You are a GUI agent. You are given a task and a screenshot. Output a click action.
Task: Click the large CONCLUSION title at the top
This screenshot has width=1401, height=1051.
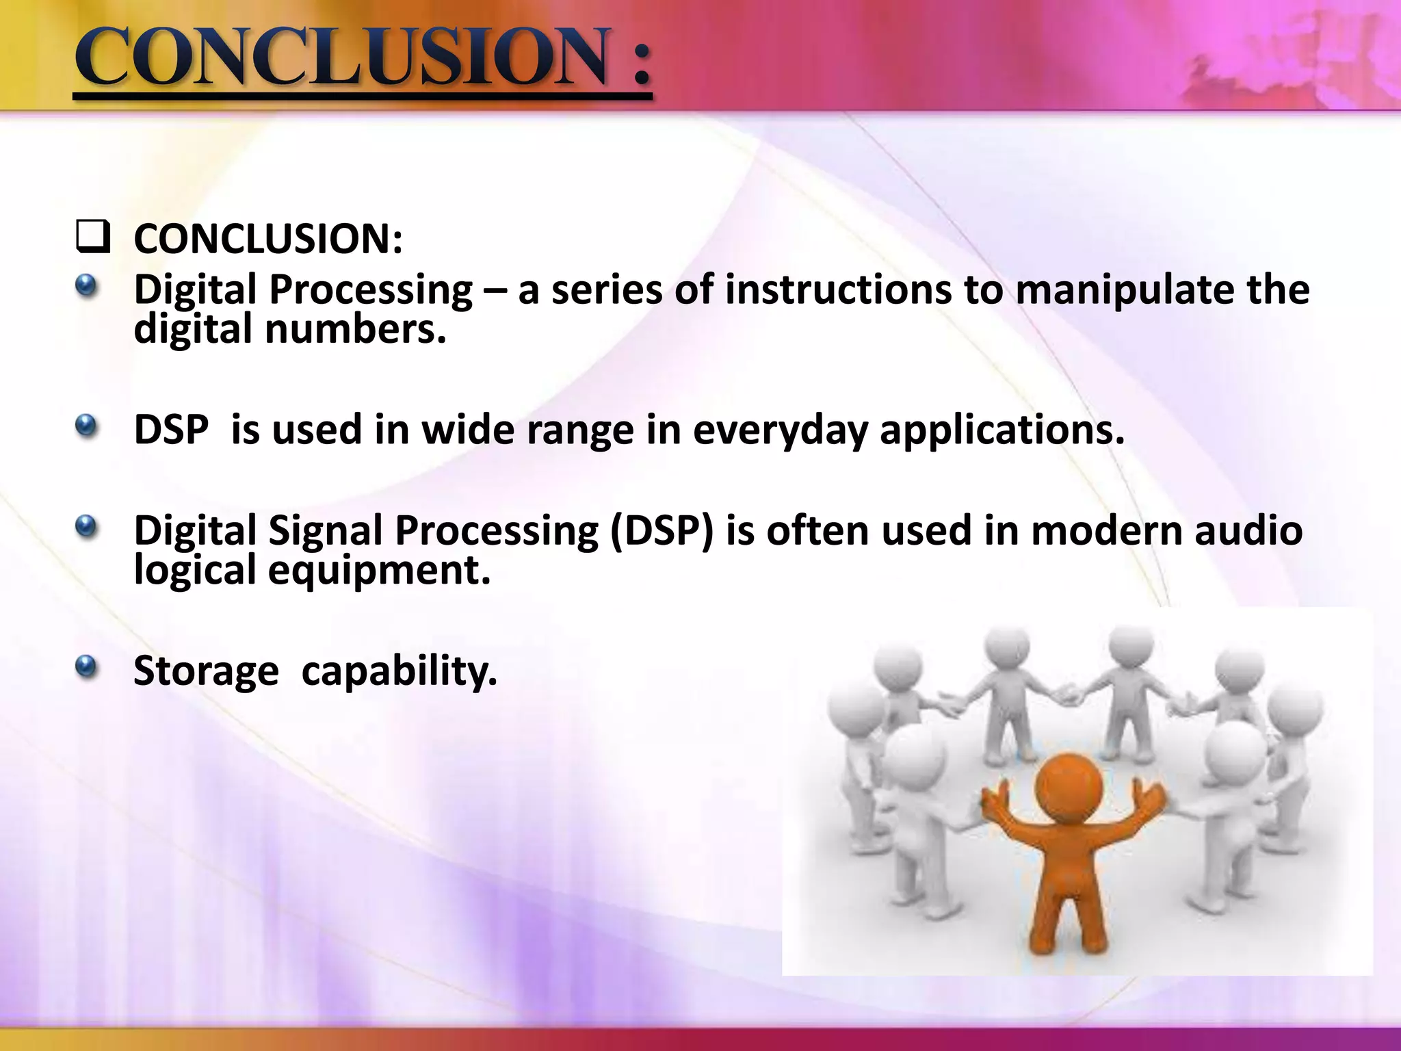tap(363, 58)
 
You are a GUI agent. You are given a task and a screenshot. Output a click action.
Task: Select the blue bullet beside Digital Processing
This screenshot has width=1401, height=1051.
tap(86, 287)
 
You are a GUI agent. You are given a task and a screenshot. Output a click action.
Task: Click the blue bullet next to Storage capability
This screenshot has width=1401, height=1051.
tap(86, 666)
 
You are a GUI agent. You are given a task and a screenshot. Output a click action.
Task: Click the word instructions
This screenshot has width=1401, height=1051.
tap(838, 289)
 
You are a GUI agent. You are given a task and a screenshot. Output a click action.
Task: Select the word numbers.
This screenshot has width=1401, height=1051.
tap(355, 329)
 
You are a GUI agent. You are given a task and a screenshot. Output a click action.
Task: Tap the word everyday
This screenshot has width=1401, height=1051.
tap(780, 431)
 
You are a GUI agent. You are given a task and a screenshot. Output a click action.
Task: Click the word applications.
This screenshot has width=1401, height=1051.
tap(1001, 431)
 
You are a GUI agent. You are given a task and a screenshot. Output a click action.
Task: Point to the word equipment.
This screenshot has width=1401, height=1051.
tap(379, 571)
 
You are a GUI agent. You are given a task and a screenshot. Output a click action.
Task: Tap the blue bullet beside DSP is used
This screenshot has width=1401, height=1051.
tap(86, 428)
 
